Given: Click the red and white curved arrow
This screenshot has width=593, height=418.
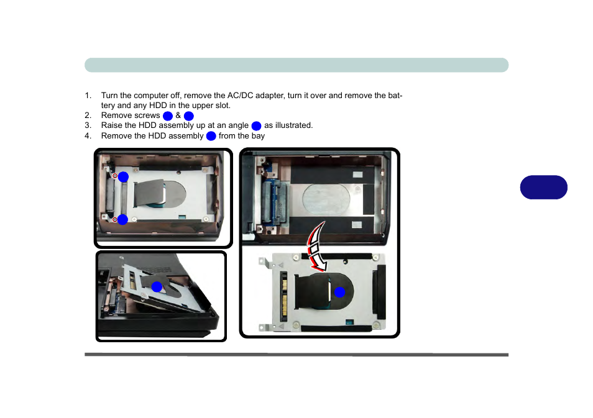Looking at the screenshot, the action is point(314,248).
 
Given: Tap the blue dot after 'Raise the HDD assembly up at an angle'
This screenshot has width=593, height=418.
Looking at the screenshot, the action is point(257,126).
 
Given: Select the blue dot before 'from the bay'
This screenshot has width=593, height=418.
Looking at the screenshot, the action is point(211,136).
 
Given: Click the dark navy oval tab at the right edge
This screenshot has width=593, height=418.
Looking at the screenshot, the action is point(543,187).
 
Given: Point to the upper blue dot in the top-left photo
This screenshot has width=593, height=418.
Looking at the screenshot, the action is point(123,177).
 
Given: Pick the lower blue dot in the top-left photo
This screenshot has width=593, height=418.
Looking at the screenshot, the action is point(122,220).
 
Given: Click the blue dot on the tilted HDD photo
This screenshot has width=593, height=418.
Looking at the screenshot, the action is point(157,287).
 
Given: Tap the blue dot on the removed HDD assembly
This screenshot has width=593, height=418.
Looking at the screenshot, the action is point(339,292).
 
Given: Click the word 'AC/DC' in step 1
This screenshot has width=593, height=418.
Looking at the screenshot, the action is point(240,95).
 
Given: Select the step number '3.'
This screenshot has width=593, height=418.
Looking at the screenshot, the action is point(88,125).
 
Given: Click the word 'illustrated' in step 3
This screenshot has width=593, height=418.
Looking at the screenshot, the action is point(293,125).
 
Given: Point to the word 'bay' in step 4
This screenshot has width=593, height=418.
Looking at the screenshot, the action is point(259,136).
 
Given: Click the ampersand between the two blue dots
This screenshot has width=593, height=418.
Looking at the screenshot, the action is point(178,116).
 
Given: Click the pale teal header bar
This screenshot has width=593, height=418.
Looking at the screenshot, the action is point(296,65).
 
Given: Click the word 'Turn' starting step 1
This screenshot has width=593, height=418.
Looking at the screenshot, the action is point(109,95).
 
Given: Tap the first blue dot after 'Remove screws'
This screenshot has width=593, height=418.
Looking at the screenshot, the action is point(168,116).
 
